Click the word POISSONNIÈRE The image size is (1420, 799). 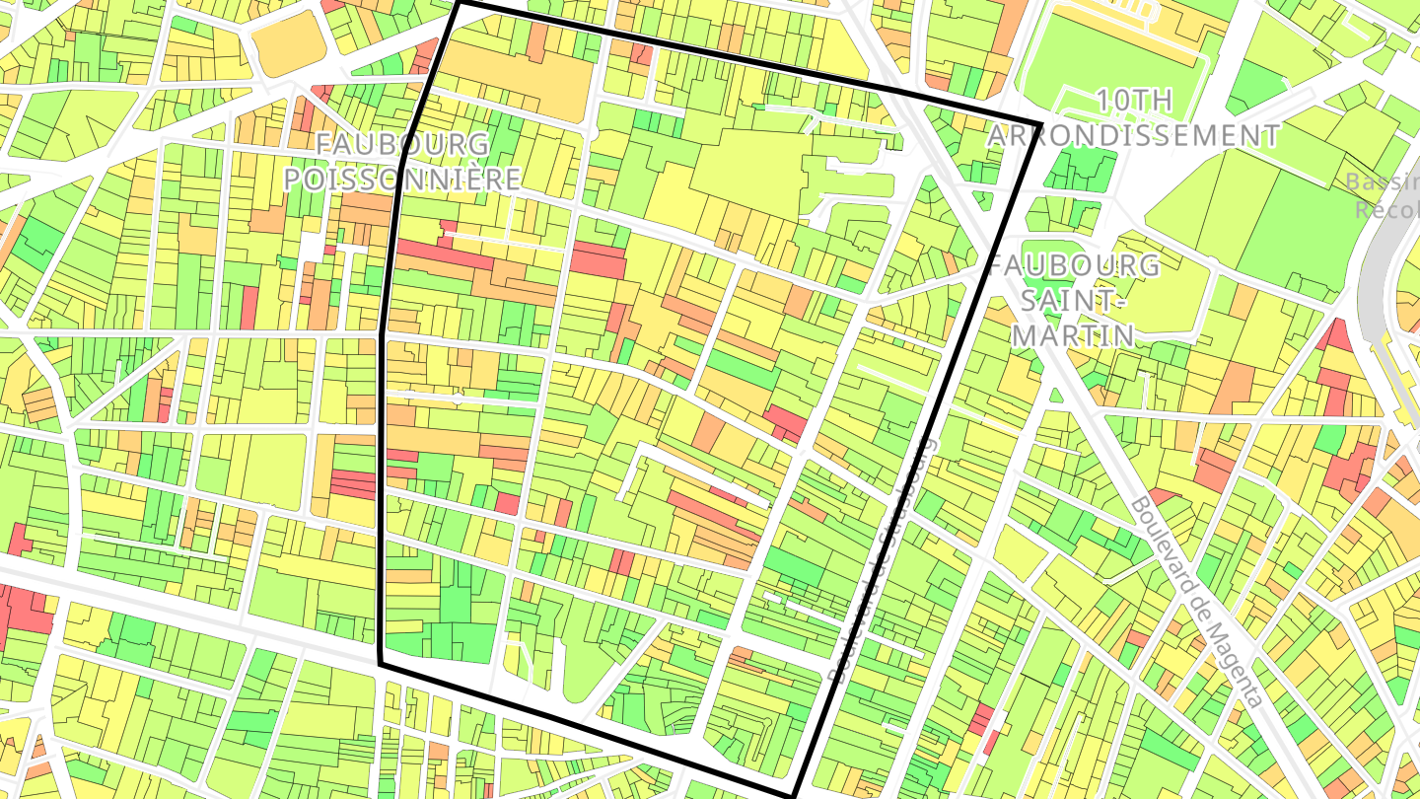(x=402, y=179)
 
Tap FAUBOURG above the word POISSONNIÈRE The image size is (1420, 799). (x=402, y=145)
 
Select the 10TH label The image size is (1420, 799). (x=1134, y=101)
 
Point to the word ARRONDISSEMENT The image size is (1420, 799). (x=1134, y=135)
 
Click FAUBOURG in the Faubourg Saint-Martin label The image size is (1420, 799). (x=1075, y=266)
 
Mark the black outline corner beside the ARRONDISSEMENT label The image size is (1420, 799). (x=1041, y=124)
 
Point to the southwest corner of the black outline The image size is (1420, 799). (x=381, y=664)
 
